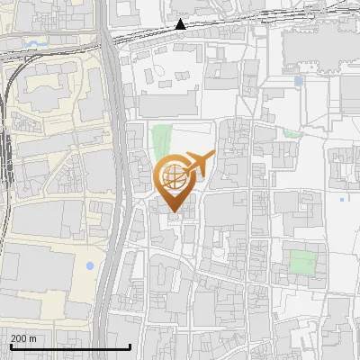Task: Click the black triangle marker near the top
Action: (181, 24)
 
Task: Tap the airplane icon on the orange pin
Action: (198, 164)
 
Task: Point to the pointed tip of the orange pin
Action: (174, 213)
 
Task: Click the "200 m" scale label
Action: (23, 337)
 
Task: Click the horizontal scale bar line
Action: (70, 346)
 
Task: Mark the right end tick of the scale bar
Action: (131, 345)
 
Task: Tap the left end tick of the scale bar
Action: (10, 345)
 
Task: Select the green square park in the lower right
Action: (302, 263)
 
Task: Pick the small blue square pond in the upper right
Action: (299, 81)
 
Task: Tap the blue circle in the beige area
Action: (89, 266)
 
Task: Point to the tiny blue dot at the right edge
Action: (343, 199)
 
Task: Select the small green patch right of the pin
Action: (292, 134)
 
